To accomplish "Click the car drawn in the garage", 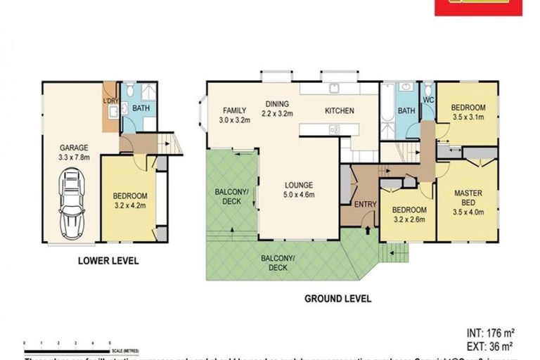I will (72, 204).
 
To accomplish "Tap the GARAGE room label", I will (73, 148).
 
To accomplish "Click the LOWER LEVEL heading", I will (108, 261).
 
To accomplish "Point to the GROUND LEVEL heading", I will (337, 299).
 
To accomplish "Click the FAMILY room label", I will (235, 110).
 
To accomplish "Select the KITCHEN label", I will (339, 111).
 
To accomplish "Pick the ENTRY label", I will (365, 205).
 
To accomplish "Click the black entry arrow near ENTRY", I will (368, 229).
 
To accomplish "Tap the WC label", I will (427, 101).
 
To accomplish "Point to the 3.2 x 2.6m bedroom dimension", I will (409, 219).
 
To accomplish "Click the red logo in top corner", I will (479, 7).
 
